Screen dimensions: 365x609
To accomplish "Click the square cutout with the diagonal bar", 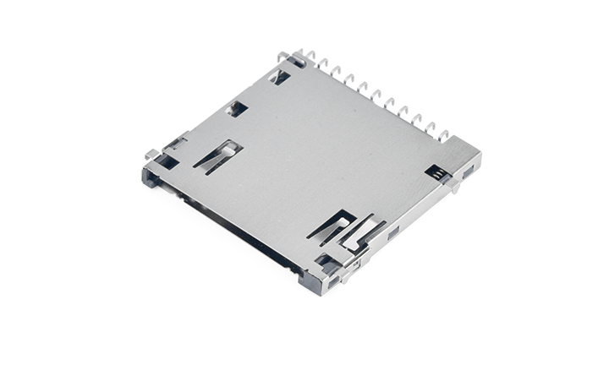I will [x=280, y=78].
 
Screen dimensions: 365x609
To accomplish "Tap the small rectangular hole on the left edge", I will [x=238, y=108].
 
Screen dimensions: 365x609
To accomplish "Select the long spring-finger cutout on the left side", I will [x=217, y=155].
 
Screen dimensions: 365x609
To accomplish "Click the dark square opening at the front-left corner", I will [x=166, y=161].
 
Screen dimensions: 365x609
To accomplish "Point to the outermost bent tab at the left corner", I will [x=151, y=154].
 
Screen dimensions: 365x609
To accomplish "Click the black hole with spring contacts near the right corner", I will [x=436, y=172].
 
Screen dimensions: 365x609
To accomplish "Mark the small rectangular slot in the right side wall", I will [x=393, y=231].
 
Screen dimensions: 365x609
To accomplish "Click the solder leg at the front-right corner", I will [x=353, y=269].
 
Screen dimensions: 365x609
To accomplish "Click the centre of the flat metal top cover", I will [x=321, y=161].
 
